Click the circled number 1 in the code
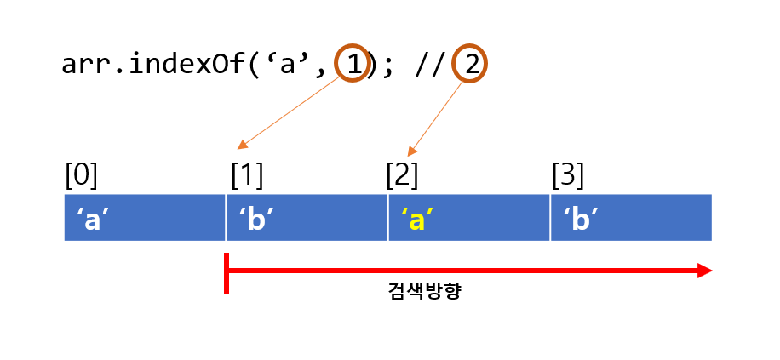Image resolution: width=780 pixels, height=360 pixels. (x=353, y=65)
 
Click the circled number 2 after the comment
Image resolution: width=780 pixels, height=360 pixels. (x=470, y=65)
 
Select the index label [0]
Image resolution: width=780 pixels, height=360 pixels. (x=82, y=174)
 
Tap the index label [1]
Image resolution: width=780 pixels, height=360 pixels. (x=247, y=174)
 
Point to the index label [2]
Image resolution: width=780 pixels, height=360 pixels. (x=402, y=174)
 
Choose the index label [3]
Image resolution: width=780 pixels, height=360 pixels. (x=568, y=174)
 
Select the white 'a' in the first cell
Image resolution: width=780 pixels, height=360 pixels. (x=92, y=219)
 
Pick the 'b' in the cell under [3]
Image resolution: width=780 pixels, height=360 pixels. (x=580, y=219)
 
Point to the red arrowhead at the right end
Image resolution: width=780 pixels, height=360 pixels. (x=703, y=271)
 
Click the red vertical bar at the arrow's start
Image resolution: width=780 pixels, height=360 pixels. (x=227, y=273)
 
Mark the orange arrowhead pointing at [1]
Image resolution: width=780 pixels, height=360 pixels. (x=241, y=146)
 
